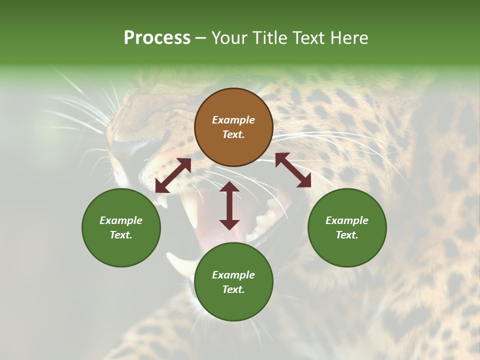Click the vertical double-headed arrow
coord(229,206)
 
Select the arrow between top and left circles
coord(173,175)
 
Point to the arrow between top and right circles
coord(293,170)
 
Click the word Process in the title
coord(157,37)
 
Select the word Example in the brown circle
coord(233,120)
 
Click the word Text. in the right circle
coord(347,235)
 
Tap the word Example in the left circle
coord(121,220)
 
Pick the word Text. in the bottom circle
coord(233,289)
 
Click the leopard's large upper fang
coord(191,210)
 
